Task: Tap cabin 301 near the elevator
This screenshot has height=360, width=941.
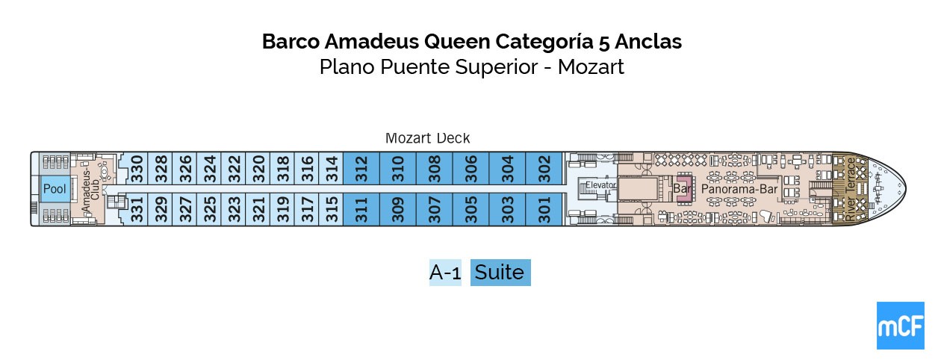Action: [544, 210]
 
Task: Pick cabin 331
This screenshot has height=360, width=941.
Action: [137, 210]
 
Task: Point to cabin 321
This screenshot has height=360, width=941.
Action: [259, 210]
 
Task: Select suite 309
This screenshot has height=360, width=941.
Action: [398, 210]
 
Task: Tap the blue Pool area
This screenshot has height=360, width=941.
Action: [55, 189]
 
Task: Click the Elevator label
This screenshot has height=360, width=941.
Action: [600, 184]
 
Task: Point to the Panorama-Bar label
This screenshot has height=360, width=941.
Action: [739, 190]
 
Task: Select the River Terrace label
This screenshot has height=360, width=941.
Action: [850, 189]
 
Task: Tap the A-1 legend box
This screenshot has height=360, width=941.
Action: [445, 273]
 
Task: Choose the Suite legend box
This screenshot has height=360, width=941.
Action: [500, 273]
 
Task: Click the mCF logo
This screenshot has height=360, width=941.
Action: [900, 326]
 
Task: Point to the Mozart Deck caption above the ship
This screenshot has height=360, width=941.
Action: [427, 138]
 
